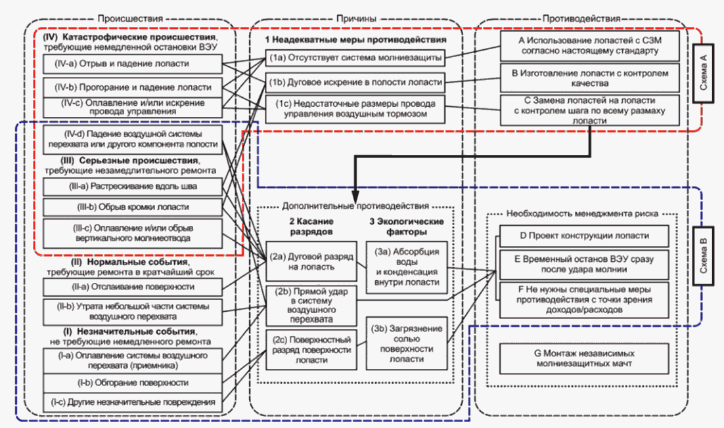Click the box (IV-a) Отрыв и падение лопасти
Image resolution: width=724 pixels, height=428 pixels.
pyautogui.click(x=133, y=64)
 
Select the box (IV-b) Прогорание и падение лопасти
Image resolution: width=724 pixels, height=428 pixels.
pyautogui.click(x=133, y=87)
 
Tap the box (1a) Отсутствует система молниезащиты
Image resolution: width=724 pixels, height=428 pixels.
pyautogui.click(x=355, y=58)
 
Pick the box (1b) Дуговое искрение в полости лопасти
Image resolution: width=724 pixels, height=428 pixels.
pyautogui.click(x=355, y=83)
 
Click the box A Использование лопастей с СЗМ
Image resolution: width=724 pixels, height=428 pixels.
pyautogui.click(x=589, y=46)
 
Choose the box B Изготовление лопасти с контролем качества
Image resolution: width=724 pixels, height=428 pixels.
pyautogui.click(x=589, y=78)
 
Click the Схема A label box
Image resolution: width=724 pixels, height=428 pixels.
pyautogui.click(x=703, y=72)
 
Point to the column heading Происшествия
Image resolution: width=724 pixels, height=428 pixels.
pyautogui.click(x=130, y=18)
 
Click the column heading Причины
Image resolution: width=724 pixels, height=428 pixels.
pyautogui.click(x=356, y=18)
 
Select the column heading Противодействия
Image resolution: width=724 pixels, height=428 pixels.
pyautogui.click(x=581, y=18)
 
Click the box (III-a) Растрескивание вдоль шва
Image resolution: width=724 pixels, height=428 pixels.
pyautogui.click(x=133, y=187)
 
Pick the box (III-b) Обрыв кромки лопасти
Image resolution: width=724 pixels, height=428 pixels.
pyautogui.click(x=133, y=207)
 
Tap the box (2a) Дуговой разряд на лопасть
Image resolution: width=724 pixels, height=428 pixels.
pyautogui.click(x=311, y=261)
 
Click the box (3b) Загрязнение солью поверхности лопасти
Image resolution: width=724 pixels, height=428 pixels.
pyautogui.click(x=407, y=343)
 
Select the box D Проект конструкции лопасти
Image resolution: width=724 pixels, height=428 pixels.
pyautogui.click(x=584, y=236)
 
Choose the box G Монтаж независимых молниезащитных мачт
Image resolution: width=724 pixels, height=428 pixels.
pyautogui.click(x=584, y=358)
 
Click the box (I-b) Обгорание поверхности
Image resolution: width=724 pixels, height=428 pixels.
pyautogui.click(x=133, y=383)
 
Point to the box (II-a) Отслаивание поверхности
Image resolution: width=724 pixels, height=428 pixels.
pyautogui.click(x=133, y=287)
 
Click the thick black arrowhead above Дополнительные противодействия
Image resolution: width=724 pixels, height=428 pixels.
pyautogui.click(x=355, y=194)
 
